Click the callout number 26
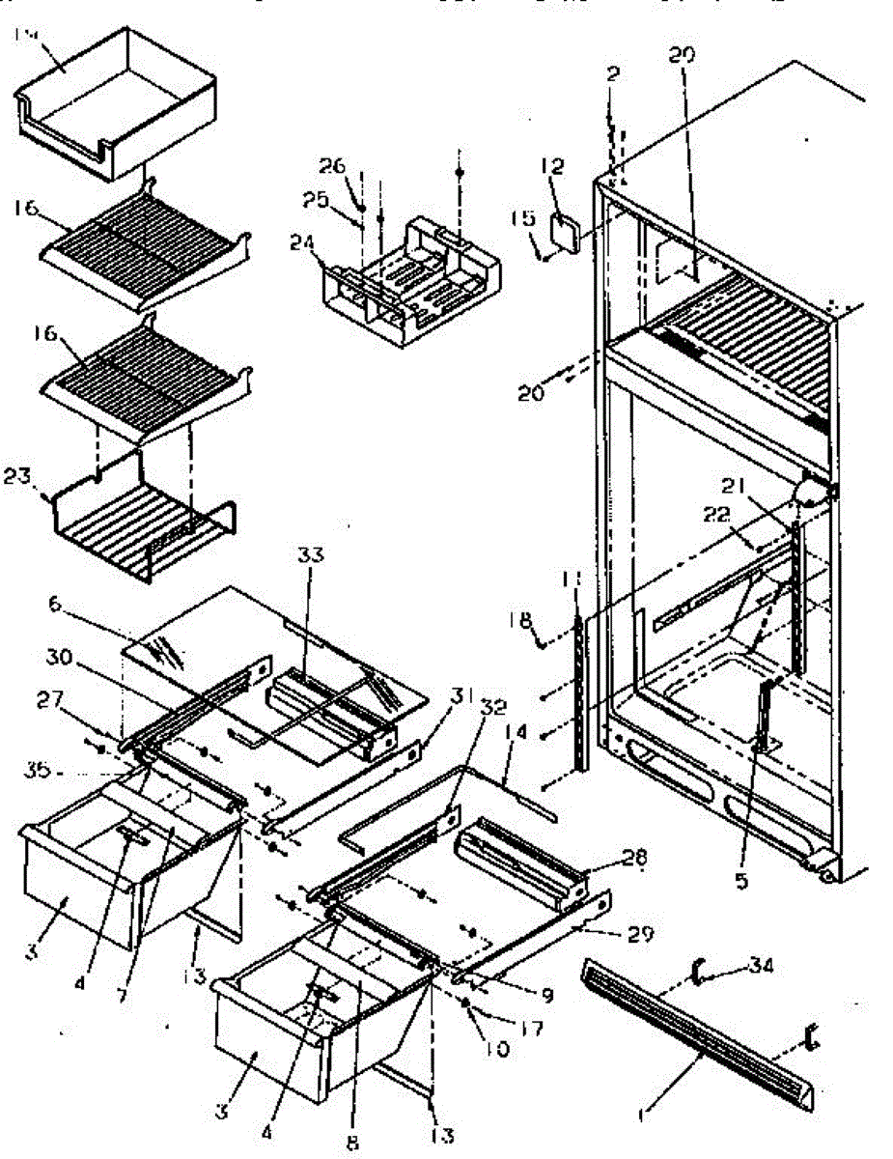pyautogui.click(x=332, y=165)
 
